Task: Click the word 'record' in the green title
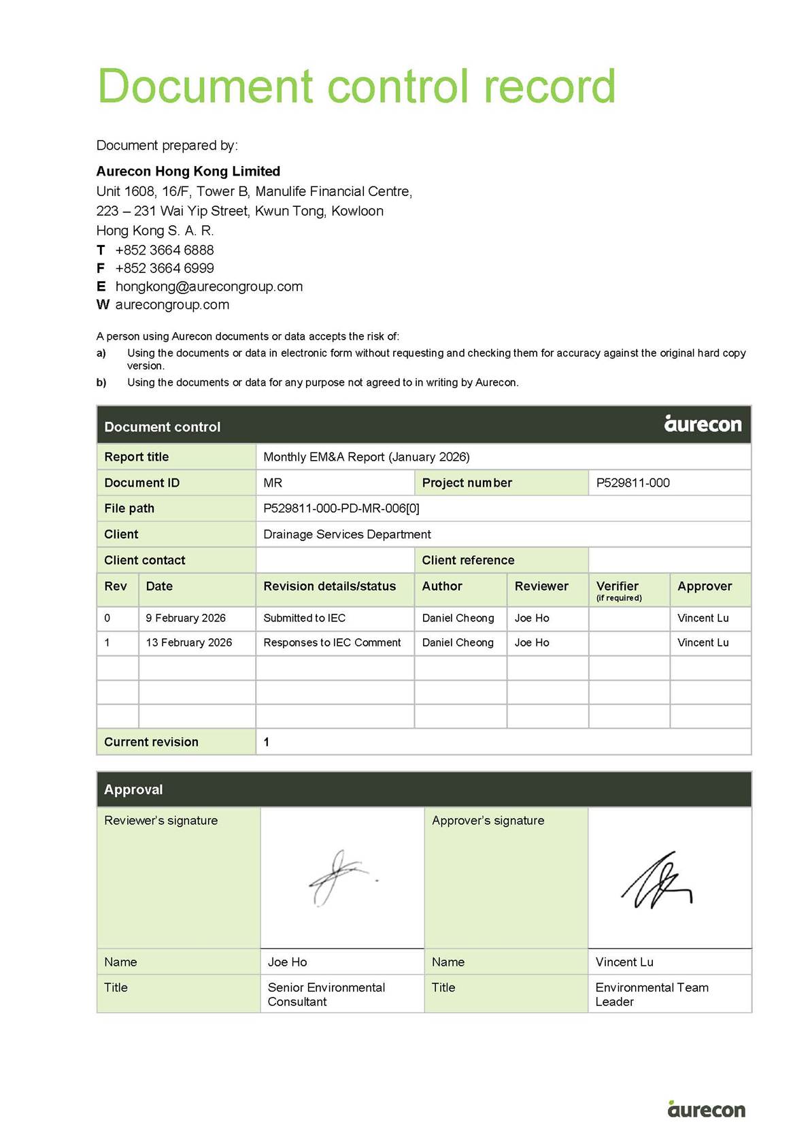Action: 550,86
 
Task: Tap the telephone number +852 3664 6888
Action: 164,250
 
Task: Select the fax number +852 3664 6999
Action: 164,268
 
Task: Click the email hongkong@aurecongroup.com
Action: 209,286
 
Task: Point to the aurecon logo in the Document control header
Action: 703,424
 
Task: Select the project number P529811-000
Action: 632,482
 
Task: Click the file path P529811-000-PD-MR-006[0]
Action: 341,508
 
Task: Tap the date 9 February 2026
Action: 186,618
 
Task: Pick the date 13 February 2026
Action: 189,642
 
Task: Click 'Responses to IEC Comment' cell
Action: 332,642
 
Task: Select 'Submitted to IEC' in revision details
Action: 304,618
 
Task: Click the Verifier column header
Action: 618,587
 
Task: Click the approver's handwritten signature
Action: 656,881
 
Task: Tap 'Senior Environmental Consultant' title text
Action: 326,994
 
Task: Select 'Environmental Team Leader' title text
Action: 651,994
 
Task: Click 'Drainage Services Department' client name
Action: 347,534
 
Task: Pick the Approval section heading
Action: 133,789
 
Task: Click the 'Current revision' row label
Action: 151,742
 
